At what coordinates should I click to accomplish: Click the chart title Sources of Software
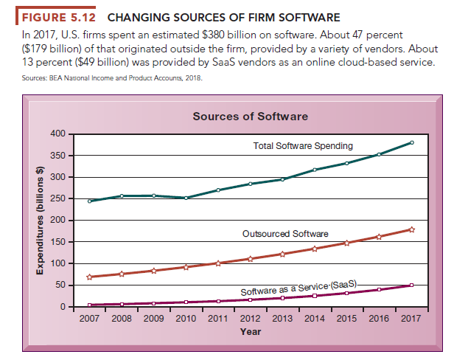coord(250,117)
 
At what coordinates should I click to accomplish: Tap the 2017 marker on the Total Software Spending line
coord(412,142)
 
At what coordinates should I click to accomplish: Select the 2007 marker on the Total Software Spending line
coord(89,201)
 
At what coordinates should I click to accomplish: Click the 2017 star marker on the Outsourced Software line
coord(412,229)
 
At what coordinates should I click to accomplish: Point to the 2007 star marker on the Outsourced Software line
coord(89,277)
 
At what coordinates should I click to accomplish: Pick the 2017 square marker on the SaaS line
coord(412,285)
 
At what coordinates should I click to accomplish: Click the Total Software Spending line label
coord(302,146)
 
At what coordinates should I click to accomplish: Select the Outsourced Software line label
coord(285,234)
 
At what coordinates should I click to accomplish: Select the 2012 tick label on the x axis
coord(251,318)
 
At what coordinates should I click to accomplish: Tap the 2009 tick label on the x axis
coord(153,318)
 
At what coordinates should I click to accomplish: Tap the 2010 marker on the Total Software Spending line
coord(186,198)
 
